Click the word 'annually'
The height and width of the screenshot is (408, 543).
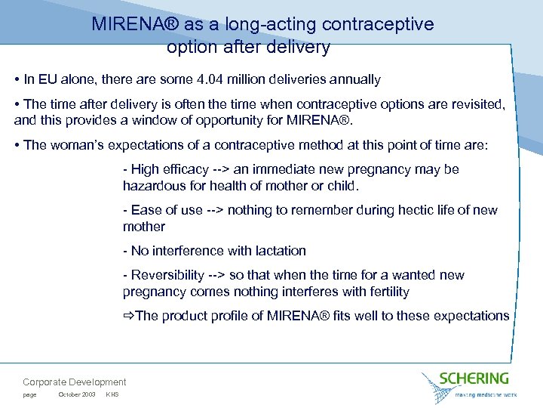coord(356,79)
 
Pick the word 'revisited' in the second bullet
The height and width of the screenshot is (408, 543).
coord(477,104)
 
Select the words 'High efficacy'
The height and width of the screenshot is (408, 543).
coord(167,170)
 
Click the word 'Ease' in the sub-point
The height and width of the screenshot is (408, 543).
coord(146,210)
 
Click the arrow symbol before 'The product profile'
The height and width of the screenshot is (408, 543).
coord(128,316)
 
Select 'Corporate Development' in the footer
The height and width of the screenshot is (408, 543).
coord(75,382)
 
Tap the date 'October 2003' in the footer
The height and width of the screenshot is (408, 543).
coord(77,395)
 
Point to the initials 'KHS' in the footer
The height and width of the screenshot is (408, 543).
coord(112,395)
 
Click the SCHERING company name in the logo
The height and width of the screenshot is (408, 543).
coord(475,379)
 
